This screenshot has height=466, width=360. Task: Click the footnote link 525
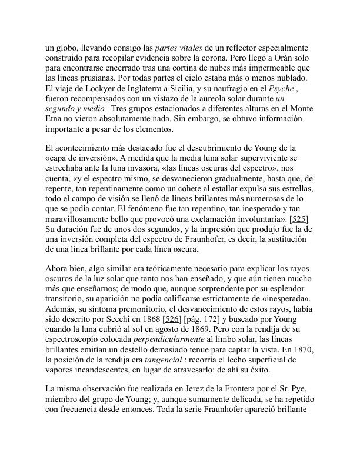299,219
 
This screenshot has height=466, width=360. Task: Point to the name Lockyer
94,88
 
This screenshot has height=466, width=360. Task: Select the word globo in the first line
65,48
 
